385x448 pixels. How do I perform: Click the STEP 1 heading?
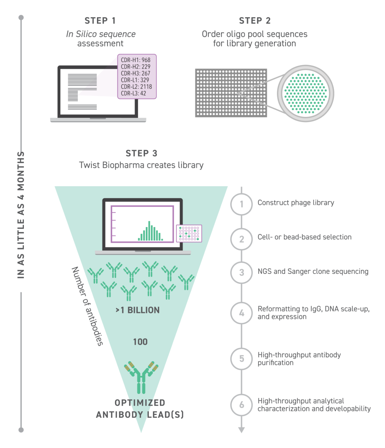click(x=100, y=21)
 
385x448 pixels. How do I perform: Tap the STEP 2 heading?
click(x=254, y=21)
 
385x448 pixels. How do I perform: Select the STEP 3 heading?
click(x=141, y=153)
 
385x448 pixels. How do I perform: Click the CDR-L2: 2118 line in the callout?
click(x=136, y=87)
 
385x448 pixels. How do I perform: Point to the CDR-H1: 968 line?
click(x=136, y=60)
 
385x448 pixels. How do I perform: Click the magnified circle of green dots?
click(x=305, y=94)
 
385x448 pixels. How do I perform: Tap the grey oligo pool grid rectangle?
click(x=231, y=93)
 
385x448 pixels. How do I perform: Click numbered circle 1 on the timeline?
click(x=242, y=204)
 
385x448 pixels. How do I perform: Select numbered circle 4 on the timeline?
click(x=242, y=313)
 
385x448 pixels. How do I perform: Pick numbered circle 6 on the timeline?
click(x=242, y=405)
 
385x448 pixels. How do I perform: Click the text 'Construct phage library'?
click(x=296, y=203)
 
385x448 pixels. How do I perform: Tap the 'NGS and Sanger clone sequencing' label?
click(x=313, y=272)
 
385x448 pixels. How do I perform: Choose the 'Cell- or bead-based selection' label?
click(x=304, y=237)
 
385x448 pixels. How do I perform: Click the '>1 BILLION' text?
click(x=138, y=310)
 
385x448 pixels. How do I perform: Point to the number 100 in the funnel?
click(x=140, y=342)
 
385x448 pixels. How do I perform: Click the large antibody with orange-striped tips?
click(x=141, y=377)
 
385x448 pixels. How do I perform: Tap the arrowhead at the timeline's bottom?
click(x=242, y=430)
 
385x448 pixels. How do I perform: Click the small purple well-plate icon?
click(x=189, y=233)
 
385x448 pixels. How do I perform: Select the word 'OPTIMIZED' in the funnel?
click(x=140, y=403)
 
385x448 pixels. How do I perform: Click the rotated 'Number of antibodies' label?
click(x=87, y=306)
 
